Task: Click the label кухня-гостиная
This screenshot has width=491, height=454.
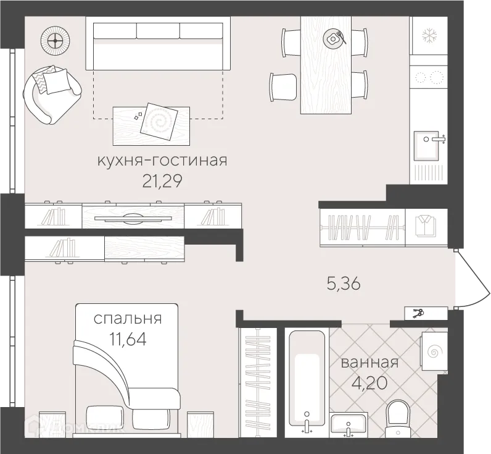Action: pyautogui.click(x=162, y=161)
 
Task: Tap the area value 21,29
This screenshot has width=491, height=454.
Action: pyautogui.click(x=162, y=181)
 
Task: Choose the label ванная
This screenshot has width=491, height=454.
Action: pyautogui.click(x=369, y=363)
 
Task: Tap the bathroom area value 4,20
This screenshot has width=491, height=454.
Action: pyautogui.click(x=369, y=382)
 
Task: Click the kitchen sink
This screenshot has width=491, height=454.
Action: pyautogui.click(x=429, y=144)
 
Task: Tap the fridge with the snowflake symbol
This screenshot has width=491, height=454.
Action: pyautogui.click(x=429, y=36)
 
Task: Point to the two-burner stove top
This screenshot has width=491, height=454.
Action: pyautogui.click(x=429, y=78)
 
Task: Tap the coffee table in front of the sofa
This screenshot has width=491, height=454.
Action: pyautogui.click(x=151, y=122)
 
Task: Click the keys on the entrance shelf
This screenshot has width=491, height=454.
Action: pyautogui.click(x=418, y=313)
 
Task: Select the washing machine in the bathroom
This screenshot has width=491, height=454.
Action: pyautogui.click(x=433, y=352)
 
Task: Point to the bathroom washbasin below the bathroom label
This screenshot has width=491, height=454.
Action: pyautogui.click(x=349, y=426)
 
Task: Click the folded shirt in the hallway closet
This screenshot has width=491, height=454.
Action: pyautogui.click(x=425, y=226)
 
